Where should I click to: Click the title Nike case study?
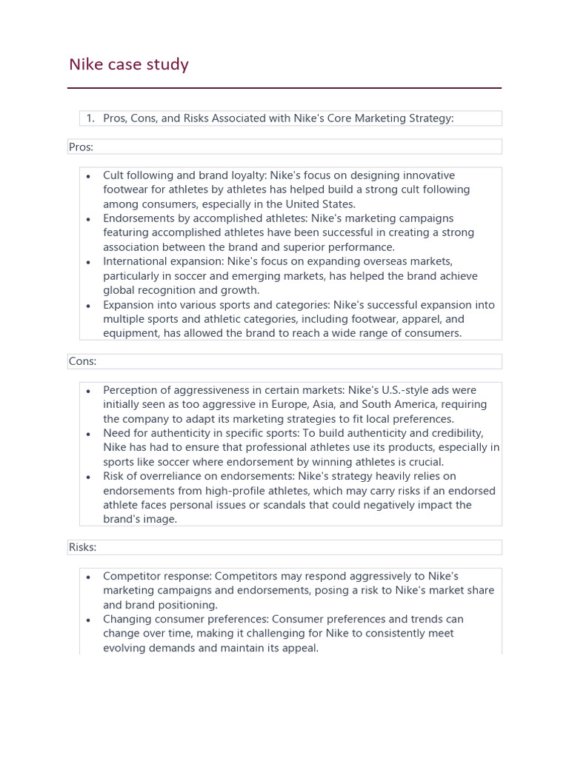tap(128, 64)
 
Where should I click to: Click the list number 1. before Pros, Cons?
tap(90, 118)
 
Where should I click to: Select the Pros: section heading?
tap(81, 147)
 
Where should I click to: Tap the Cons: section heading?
tap(82, 361)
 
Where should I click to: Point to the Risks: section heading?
tap(82, 547)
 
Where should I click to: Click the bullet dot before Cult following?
tap(89, 176)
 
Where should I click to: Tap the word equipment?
tap(132, 333)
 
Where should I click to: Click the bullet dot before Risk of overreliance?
tap(89, 477)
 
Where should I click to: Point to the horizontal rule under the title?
tap(284, 88)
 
